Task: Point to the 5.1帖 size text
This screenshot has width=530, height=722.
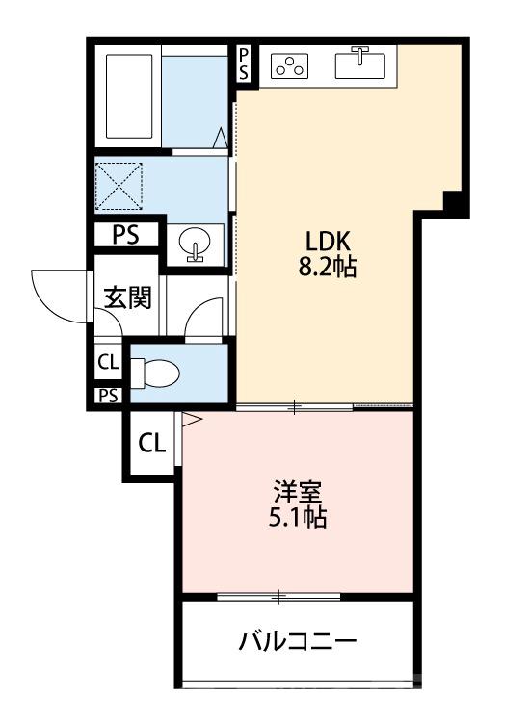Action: [x=298, y=518]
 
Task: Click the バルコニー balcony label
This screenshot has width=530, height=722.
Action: [x=299, y=641]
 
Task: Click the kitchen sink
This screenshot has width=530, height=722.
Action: [x=360, y=64]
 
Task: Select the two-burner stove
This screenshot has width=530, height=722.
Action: [x=290, y=65]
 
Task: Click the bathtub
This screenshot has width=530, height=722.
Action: [x=127, y=96]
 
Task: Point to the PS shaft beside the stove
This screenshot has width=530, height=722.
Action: [x=244, y=64]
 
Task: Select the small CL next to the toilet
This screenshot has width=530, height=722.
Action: [x=108, y=363]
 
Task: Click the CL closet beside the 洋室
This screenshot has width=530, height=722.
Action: [x=150, y=444]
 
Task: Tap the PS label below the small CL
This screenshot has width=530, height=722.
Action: [x=107, y=395]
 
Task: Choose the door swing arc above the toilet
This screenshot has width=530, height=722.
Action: [x=204, y=319]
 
